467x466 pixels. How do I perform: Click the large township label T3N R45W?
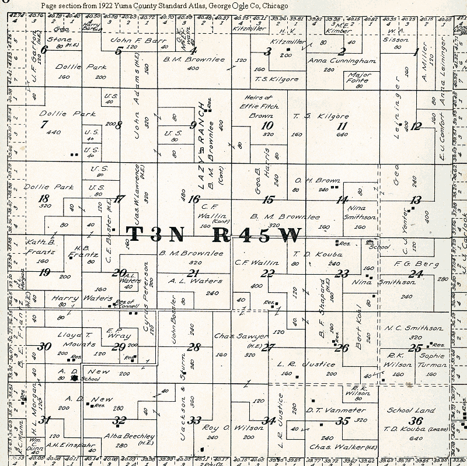[x=215, y=234]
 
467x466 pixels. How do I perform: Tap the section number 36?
[x=416, y=421]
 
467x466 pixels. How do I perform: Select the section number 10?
[x=267, y=125]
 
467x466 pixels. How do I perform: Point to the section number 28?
[x=194, y=348]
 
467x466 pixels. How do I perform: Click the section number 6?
[x=44, y=50]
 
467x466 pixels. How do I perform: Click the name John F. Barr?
[x=130, y=40]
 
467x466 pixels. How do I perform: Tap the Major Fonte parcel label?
[x=359, y=78]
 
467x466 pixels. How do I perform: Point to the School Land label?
[x=411, y=410]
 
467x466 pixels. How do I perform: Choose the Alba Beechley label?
[x=121, y=436]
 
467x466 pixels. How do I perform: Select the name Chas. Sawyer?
[x=233, y=337]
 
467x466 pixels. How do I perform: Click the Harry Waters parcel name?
[x=74, y=298]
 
